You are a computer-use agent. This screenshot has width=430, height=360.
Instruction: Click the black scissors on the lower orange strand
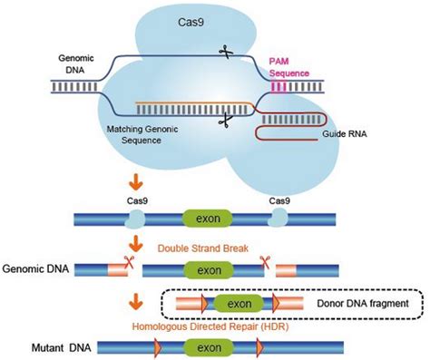(x=226, y=119)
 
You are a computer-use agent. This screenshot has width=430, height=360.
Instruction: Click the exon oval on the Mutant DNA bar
(x=201, y=346)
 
